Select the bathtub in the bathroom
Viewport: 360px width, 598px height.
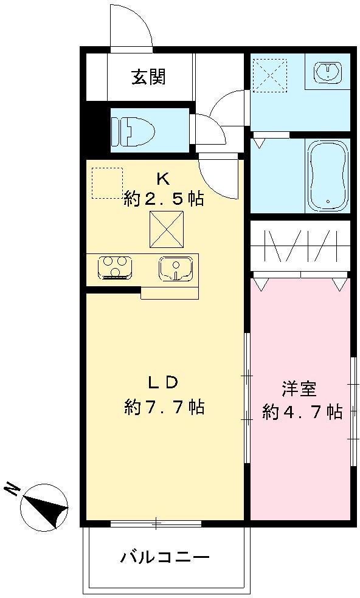pyautogui.click(x=327, y=176)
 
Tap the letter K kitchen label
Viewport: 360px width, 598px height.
pyautogui.click(x=162, y=179)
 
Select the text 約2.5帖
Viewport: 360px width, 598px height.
pyautogui.click(x=164, y=199)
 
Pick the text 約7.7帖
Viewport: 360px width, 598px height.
pyautogui.click(x=164, y=407)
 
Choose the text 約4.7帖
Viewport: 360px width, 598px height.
pyautogui.click(x=302, y=412)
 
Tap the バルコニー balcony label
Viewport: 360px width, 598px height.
pyautogui.click(x=165, y=556)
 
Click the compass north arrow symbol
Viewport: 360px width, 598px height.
pyautogui.click(x=44, y=506)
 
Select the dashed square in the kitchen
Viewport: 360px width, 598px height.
pyautogui.click(x=107, y=182)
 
